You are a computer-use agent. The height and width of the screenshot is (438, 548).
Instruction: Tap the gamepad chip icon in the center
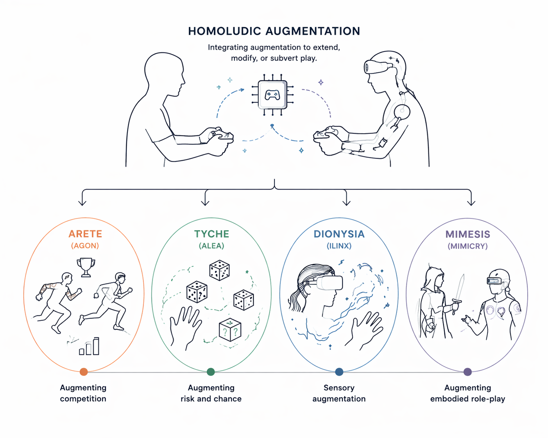272,95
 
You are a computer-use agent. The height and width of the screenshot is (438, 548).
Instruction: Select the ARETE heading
85,234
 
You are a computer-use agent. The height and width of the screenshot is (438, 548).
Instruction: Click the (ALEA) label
211,246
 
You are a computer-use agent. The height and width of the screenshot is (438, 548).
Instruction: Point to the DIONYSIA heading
339,234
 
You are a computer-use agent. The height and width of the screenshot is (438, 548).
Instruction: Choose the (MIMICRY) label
467,246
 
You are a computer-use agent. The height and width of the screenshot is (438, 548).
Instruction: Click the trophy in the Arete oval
86,267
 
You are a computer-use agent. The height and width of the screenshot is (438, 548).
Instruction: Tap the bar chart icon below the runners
90,347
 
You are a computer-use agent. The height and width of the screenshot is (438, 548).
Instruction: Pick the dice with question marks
230,330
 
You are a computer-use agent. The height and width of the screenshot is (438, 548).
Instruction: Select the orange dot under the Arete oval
84,372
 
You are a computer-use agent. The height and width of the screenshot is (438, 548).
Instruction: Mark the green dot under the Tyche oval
211,372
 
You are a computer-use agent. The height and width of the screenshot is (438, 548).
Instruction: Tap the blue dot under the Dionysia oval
339,372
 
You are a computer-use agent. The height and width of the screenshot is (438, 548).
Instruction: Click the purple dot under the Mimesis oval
467,372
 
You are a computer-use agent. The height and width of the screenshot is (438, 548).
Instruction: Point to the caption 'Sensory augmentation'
339,393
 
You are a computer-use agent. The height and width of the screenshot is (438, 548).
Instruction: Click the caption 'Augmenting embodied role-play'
467,393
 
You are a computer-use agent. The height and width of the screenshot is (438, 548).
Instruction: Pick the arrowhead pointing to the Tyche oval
205,202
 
